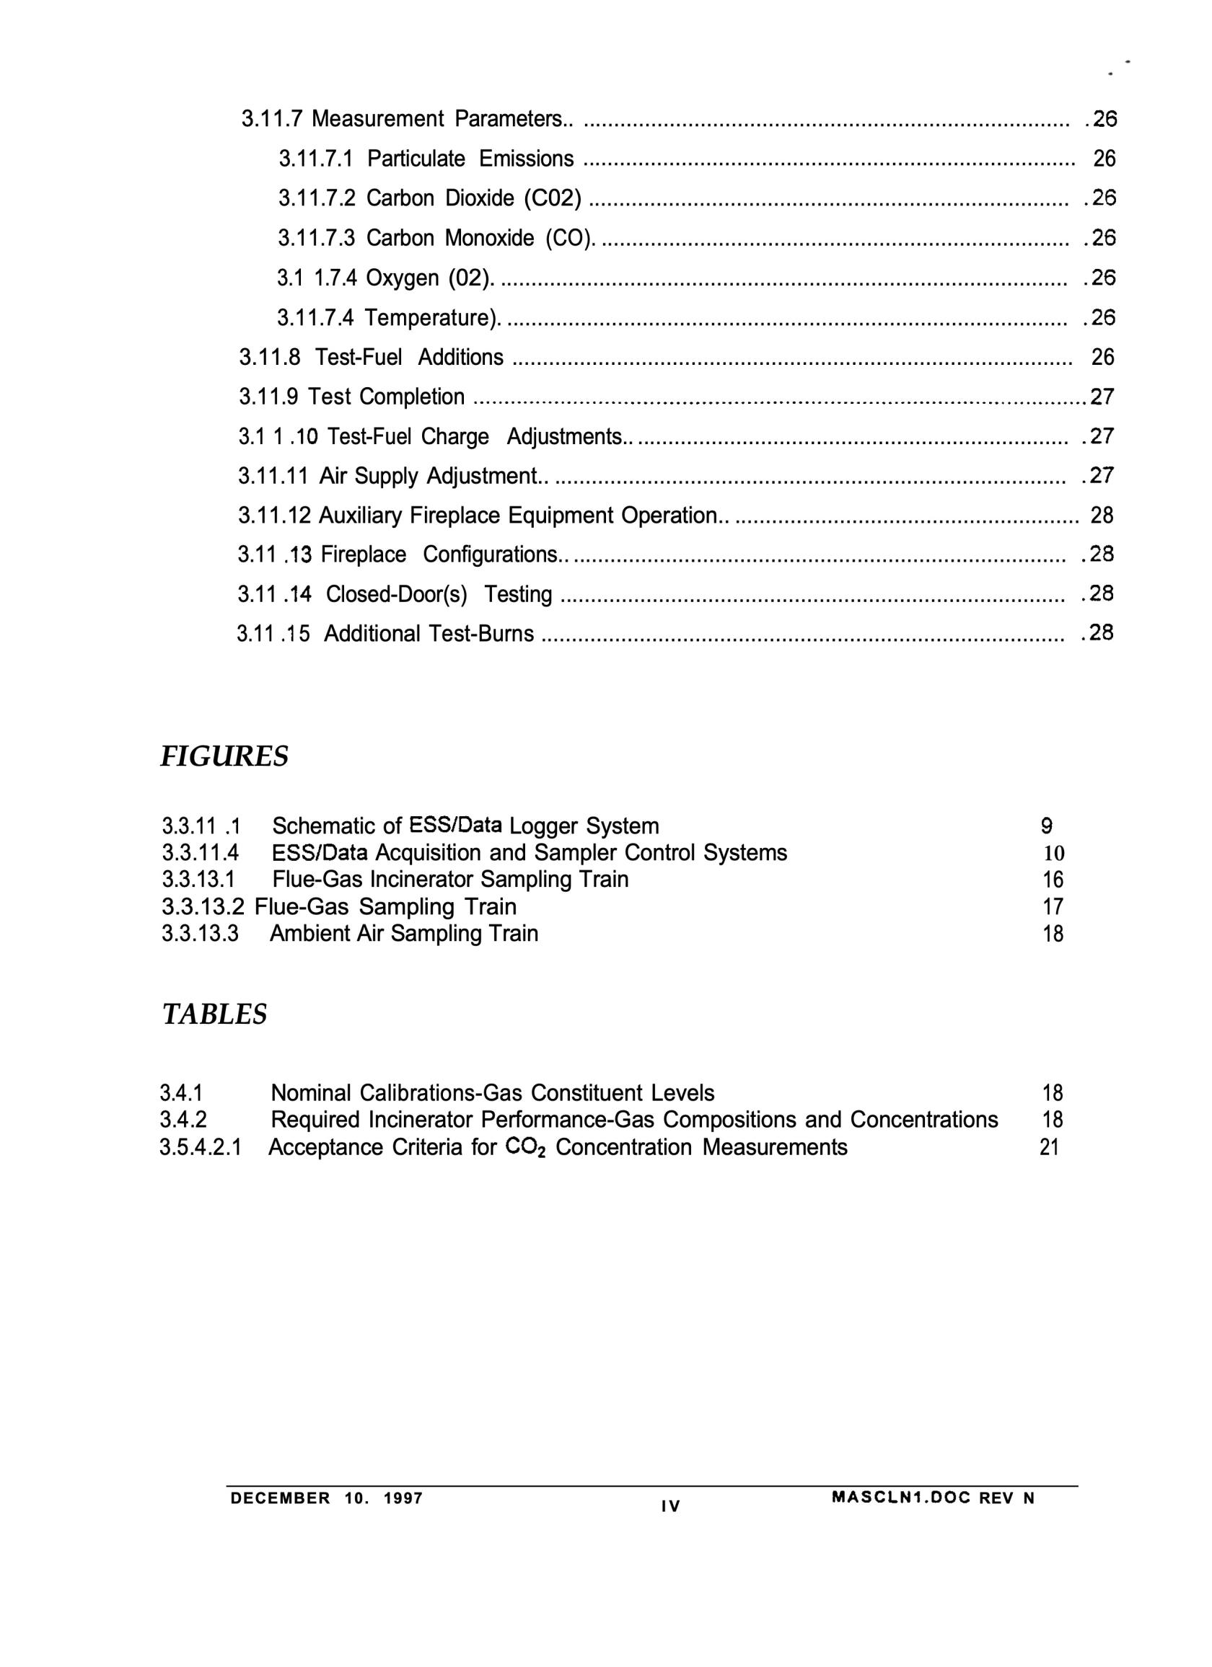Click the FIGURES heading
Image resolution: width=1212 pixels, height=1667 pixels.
224,756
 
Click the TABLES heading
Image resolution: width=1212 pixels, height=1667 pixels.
214,1014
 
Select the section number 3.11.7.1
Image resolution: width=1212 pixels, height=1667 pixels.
315,159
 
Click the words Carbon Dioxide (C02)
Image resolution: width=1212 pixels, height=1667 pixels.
474,198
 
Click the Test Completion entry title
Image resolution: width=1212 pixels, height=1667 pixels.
386,397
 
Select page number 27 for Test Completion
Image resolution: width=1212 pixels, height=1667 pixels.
1102,397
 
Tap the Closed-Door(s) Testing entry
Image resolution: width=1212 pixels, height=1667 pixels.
439,594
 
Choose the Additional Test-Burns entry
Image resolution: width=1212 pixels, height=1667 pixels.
429,633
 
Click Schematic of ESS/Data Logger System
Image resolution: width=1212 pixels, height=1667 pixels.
465,826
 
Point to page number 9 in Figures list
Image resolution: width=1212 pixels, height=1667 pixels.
1047,827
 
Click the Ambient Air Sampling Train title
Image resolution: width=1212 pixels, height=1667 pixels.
404,934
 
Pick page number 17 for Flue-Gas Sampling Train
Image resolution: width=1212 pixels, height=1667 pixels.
1053,907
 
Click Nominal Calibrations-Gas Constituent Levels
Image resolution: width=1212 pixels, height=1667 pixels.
492,1093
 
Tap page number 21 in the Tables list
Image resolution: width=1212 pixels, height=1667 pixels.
1050,1147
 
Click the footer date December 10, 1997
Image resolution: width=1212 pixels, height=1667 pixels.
327,1499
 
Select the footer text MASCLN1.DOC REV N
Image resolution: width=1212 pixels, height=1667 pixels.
933,1499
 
